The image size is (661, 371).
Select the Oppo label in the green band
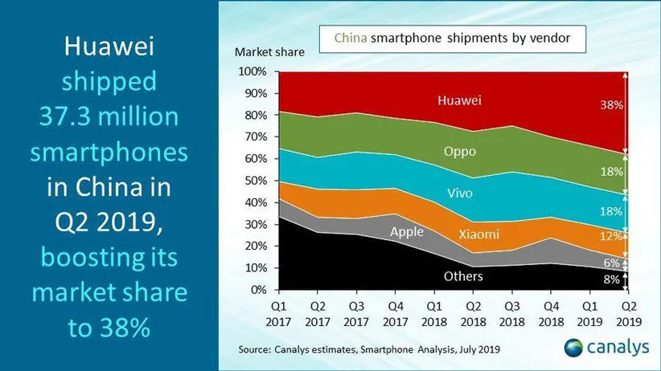[460, 151]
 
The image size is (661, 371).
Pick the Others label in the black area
[462, 276]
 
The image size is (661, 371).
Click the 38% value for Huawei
[611, 105]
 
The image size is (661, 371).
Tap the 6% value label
[612, 263]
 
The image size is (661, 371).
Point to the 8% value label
[612, 279]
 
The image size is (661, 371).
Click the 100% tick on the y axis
[252, 71]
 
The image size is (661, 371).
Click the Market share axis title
[269, 52]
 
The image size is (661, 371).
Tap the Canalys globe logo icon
[575, 349]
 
